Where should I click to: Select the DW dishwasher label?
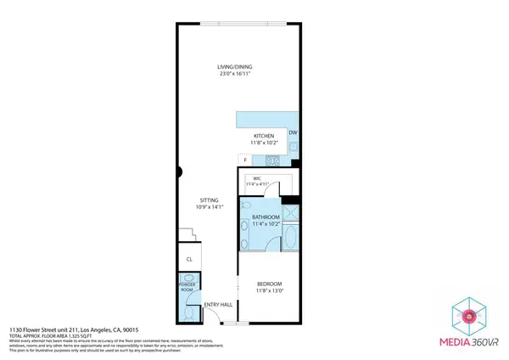click(x=293, y=133)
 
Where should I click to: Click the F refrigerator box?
click(x=245, y=160)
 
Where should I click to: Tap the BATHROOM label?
click(x=266, y=218)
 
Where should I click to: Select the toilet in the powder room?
click(x=187, y=312)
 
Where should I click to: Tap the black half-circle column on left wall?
click(x=179, y=173)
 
